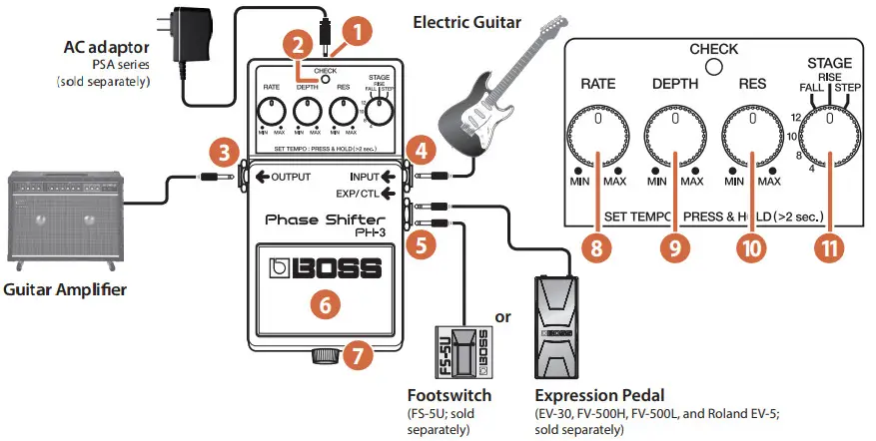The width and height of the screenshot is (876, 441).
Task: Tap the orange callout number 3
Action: point(223,154)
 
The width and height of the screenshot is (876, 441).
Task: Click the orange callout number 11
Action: point(826,248)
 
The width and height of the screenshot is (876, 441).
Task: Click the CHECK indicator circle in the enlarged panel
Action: point(713,68)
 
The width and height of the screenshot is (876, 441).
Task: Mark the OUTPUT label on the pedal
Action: point(292,178)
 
